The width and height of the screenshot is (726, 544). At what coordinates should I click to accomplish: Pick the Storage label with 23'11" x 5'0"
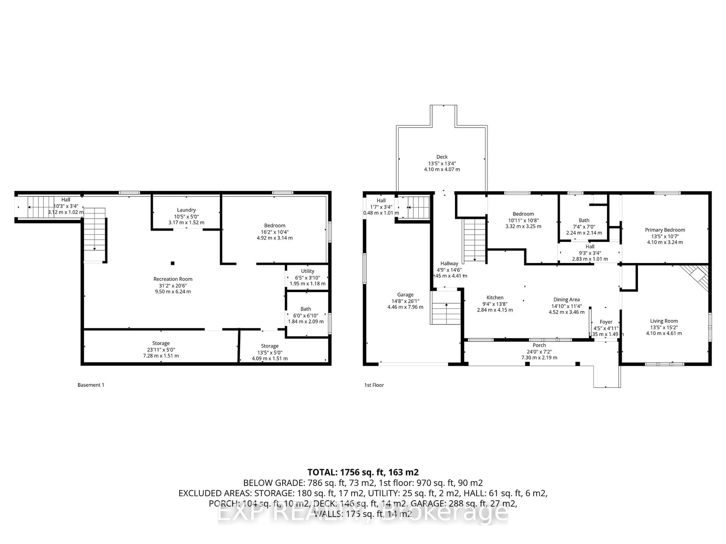pyautogui.click(x=161, y=343)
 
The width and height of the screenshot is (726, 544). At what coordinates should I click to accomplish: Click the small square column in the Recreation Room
pyautogui.click(x=173, y=263)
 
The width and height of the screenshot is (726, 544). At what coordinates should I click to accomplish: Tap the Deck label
pyautogui.click(x=442, y=157)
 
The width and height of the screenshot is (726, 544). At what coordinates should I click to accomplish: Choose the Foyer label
pyautogui.click(x=606, y=322)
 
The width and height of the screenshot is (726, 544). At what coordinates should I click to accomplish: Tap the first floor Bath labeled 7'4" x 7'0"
pyautogui.click(x=584, y=220)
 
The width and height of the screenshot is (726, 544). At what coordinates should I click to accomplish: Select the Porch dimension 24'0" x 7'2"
pyautogui.click(x=539, y=352)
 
